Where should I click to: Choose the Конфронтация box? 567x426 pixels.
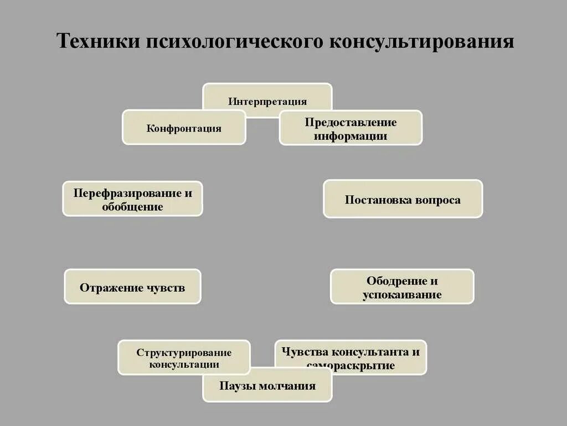(x=184, y=128)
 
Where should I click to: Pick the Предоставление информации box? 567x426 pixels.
(x=350, y=129)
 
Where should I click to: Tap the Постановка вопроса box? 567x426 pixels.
(x=403, y=199)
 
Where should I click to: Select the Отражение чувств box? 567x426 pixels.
(x=132, y=287)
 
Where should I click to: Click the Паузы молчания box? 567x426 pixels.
(x=267, y=386)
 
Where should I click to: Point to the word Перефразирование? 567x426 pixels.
(x=127, y=193)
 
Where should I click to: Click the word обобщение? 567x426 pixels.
(x=132, y=207)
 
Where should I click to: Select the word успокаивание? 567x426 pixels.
(x=402, y=295)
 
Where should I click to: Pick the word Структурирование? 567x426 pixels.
(x=184, y=353)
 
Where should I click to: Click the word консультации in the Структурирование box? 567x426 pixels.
(x=184, y=364)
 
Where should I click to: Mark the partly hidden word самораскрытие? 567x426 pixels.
(x=350, y=366)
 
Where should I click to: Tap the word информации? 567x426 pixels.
(x=350, y=136)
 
